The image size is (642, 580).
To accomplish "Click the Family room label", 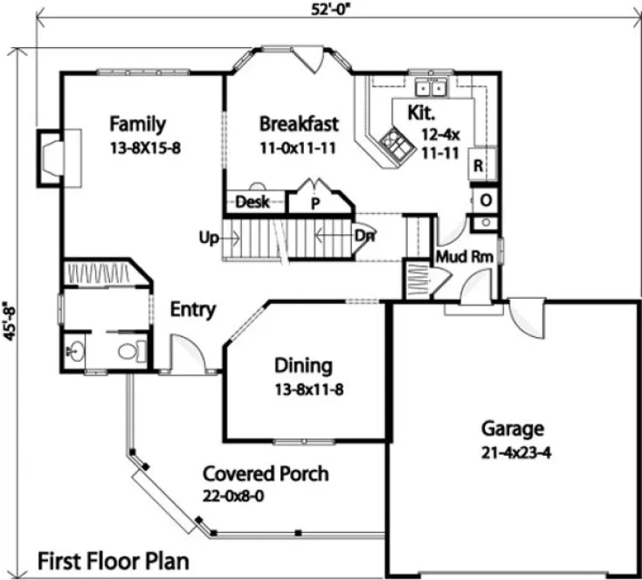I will (x=138, y=124).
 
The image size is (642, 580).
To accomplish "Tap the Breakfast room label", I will (x=299, y=124).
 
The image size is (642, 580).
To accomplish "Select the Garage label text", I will (x=513, y=429).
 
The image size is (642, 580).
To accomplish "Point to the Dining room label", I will (x=303, y=365).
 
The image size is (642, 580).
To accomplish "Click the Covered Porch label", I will (x=266, y=474).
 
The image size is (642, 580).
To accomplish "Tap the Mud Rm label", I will (x=464, y=257).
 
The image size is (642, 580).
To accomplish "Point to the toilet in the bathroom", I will (x=129, y=352).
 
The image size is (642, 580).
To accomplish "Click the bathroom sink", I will (x=73, y=352).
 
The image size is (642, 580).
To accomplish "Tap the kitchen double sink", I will (x=430, y=87).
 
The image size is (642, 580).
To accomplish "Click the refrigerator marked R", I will (x=479, y=164).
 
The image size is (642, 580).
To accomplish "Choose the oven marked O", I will (x=485, y=198).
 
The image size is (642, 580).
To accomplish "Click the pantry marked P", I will (x=314, y=203).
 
